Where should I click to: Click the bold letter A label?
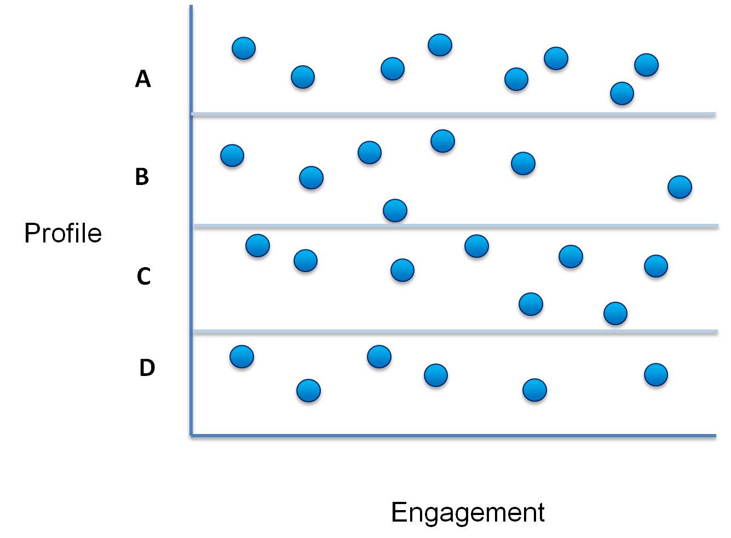[143, 79]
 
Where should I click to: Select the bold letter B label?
[142, 177]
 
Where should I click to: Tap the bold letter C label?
[143, 276]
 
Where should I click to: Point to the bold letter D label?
[147, 367]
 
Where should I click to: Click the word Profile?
[63, 233]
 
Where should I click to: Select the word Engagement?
[468, 513]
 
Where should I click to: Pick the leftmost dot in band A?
[244, 48]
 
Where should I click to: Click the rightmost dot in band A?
[647, 65]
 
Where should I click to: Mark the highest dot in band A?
[440, 45]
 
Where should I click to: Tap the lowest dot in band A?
[622, 94]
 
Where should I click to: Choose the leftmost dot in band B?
[232, 155]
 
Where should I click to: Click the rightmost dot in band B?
[680, 187]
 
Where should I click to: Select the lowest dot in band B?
[395, 210]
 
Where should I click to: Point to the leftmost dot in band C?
[257, 245]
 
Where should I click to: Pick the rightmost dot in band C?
[656, 266]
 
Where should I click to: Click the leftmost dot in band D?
[242, 357]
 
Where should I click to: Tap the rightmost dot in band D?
[656, 374]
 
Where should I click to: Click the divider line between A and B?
[453, 114]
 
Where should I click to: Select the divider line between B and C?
[456, 226]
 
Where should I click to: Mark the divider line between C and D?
[455, 332]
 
